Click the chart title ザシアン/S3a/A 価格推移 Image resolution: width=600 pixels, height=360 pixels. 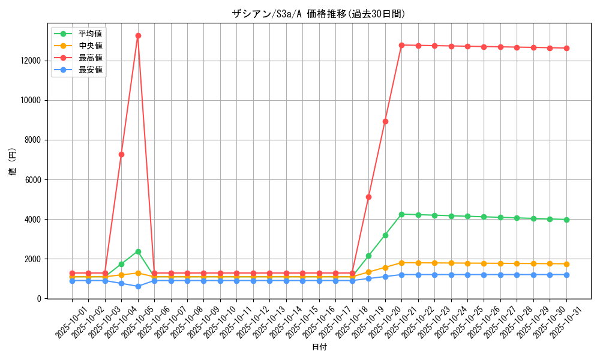point(319,14)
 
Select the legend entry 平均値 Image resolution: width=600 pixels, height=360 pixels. point(90,34)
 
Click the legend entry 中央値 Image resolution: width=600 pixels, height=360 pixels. point(90,46)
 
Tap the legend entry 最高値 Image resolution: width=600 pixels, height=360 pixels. point(90,58)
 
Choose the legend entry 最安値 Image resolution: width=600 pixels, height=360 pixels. point(90,70)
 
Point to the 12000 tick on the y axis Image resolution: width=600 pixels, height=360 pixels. point(31,61)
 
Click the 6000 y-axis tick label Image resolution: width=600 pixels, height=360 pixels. point(32,179)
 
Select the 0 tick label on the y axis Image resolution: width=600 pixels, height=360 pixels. point(40,298)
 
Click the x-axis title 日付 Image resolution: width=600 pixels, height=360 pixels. point(319,348)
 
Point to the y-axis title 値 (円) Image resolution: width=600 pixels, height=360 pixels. point(12,162)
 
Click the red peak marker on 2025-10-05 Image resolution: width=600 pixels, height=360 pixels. point(138,35)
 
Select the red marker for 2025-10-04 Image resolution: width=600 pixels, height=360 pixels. point(121,154)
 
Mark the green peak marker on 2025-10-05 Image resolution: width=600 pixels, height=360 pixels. point(138,251)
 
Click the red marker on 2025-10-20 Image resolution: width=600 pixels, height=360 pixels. point(385,121)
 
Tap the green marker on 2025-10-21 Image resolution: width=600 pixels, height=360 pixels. point(401,214)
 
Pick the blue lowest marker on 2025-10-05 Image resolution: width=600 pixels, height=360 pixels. point(138,286)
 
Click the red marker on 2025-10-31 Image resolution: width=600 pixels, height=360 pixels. point(566,48)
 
